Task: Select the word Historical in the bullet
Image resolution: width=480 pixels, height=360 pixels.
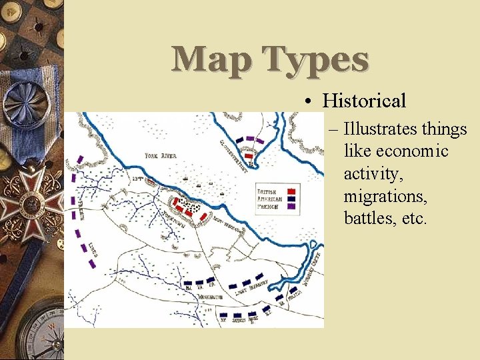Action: coord(364,101)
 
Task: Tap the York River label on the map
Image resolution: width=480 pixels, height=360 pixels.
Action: coord(161,156)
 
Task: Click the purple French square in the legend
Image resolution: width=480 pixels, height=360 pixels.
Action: coord(292,207)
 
